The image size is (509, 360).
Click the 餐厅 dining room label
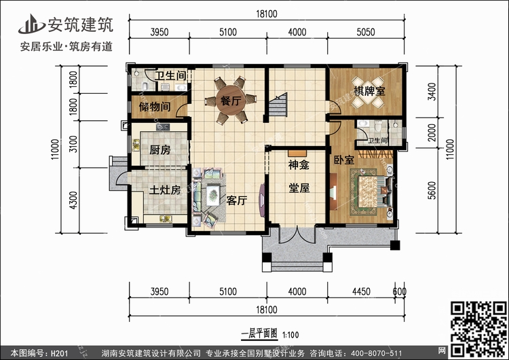pos(231,101)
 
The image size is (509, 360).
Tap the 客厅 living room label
pos(237,200)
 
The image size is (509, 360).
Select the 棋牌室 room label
pos(369,91)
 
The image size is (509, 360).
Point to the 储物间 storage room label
pos(155,106)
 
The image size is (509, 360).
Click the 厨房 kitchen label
pos(159,150)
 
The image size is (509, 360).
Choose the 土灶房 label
pos(165,190)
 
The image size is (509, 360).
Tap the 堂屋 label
pos(299,187)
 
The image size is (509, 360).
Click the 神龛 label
pos(299,165)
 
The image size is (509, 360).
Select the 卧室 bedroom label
pos(344,160)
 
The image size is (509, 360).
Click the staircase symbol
pos(278,105)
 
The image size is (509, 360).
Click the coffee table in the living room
pos(213,195)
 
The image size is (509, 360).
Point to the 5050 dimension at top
pos(366,32)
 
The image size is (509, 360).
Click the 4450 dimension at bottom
pos(361,291)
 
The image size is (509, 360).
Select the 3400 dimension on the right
pos(432,92)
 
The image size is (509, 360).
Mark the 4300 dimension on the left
pos(74,200)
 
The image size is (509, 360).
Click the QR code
pos(478,329)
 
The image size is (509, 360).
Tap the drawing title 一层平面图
pos(259,334)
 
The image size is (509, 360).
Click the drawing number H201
pos(59,353)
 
